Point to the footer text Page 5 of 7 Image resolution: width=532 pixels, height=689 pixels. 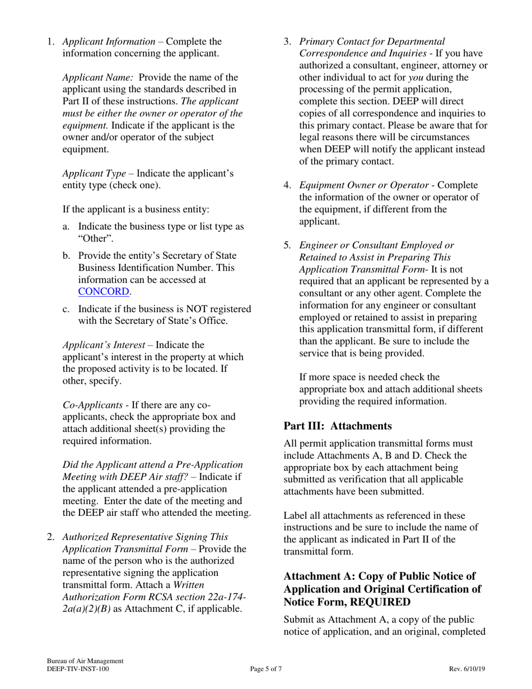click(266, 669)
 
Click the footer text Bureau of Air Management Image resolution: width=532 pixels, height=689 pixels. click(85, 662)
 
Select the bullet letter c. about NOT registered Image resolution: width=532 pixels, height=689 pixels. click(66, 309)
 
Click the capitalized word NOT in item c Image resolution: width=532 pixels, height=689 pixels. click(194, 309)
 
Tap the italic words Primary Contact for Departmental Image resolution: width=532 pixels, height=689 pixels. click(372, 41)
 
